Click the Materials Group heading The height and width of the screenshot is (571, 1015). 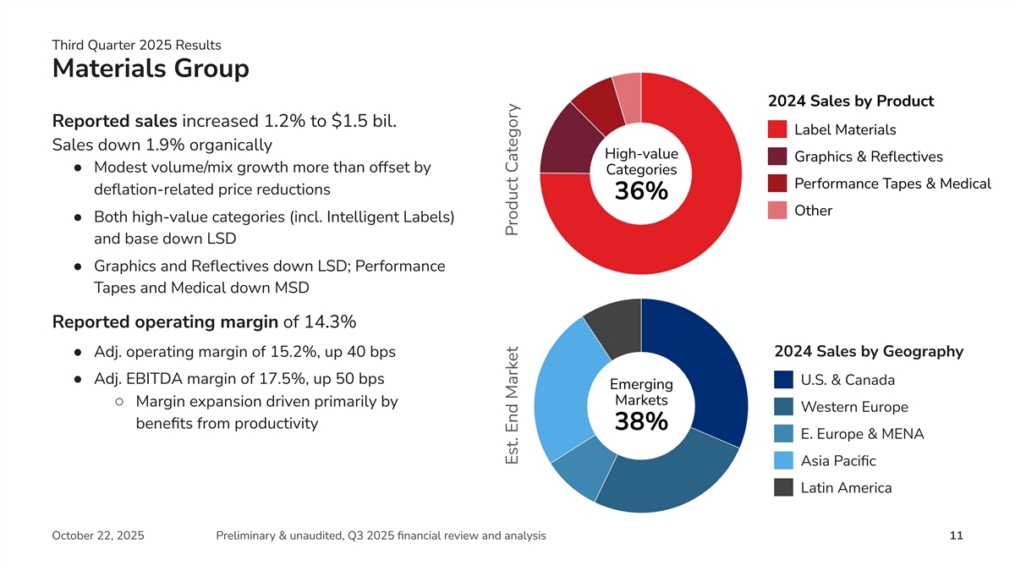151,69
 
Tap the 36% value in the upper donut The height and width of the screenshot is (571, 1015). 641,192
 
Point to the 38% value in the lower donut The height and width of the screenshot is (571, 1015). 641,421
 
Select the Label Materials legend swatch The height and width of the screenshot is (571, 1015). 778,129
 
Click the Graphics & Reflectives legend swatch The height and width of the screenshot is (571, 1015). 778,156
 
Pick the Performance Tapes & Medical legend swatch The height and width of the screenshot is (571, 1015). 778,184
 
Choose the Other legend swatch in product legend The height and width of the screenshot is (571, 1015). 778,211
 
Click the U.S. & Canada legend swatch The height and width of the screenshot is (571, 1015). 783,380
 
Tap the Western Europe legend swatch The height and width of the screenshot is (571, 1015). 783,407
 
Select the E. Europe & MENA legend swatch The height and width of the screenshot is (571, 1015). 783,434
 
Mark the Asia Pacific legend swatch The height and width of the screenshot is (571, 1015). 783,461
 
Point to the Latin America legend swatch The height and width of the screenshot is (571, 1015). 783,488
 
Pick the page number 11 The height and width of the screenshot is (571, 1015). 956,535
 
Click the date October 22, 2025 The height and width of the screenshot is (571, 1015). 98,535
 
